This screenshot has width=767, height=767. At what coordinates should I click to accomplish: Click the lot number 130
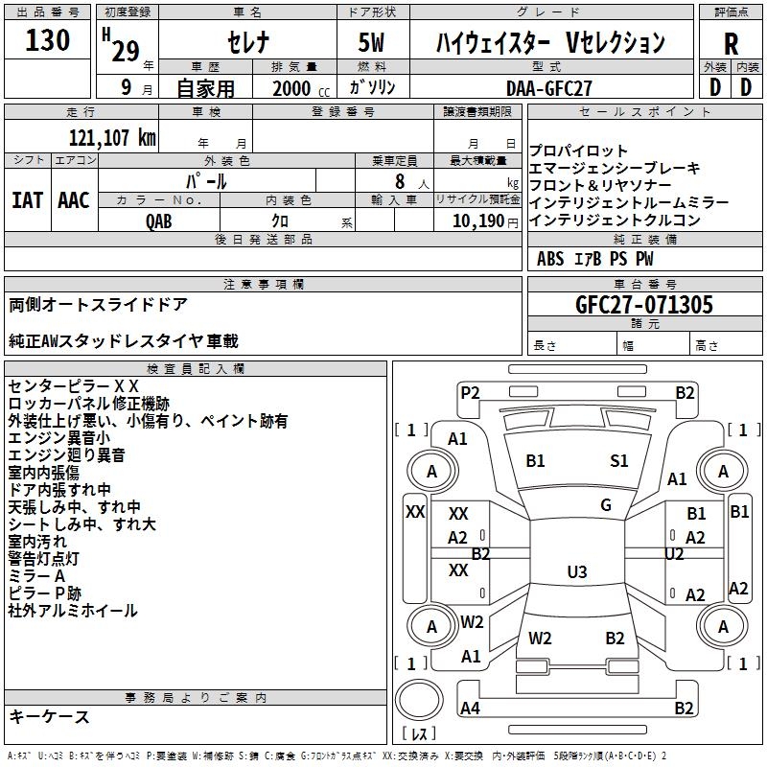[x=48, y=40]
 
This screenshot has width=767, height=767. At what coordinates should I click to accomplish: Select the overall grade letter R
[x=731, y=43]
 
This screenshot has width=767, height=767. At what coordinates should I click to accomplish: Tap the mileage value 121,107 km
[x=112, y=137]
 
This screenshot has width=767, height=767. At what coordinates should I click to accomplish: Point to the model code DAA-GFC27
[x=549, y=87]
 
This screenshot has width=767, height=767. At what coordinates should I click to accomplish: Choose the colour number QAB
[x=159, y=220]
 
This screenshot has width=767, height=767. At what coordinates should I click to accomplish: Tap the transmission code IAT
[x=28, y=199]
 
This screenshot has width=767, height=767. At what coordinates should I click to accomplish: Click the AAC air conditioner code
[x=74, y=199]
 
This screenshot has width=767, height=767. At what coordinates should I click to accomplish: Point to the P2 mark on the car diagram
[x=470, y=392]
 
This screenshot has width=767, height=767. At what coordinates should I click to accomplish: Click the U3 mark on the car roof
[x=576, y=572]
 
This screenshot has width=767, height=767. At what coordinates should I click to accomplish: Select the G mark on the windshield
[x=605, y=505]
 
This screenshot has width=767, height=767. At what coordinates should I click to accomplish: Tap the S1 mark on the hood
[x=619, y=461]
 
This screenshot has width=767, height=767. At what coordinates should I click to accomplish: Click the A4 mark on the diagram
[x=470, y=709]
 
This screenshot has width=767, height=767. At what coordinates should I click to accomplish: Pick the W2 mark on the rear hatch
[x=540, y=638]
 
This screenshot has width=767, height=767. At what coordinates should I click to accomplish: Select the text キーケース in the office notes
[x=49, y=716]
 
